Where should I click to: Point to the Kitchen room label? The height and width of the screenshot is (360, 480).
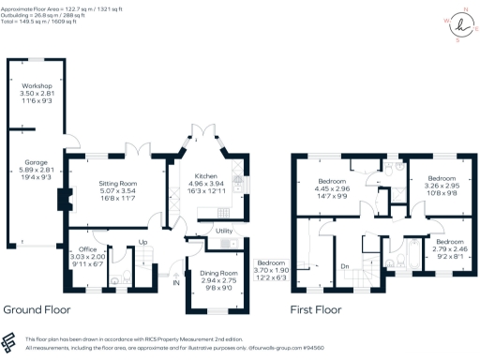tap(205, 176)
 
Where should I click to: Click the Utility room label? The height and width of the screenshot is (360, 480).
tap(223, 231)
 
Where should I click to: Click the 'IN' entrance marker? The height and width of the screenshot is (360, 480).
tap(175, 280)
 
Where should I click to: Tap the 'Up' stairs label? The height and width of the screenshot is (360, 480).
tap(142, 242)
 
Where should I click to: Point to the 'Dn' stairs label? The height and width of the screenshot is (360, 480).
tap(343, 265)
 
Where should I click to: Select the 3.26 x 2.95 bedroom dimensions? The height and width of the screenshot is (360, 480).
tap(442, 186)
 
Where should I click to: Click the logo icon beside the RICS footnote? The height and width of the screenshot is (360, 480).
tap(9, 341)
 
